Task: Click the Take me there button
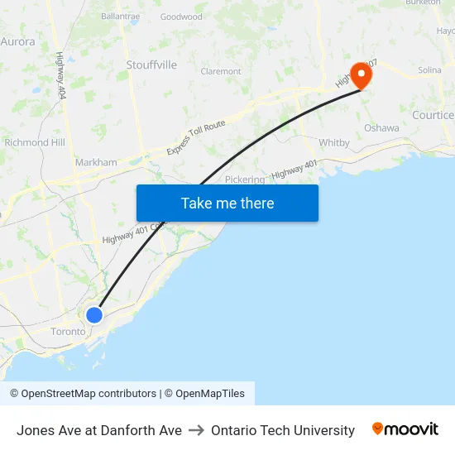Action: [227, 203]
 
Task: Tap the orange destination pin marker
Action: [362, 75]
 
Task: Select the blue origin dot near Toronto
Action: [94, 314]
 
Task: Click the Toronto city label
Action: [68, 331]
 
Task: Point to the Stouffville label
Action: [151, 65]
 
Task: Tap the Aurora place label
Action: [17, 41]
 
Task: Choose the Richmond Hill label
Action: [34, 142]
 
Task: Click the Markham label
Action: [96, 162]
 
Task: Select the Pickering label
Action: [245, 179]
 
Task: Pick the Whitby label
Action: [334, 142]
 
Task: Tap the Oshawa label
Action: [381, 127]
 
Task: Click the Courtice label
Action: [433, 115]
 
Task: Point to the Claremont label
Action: [221, 72]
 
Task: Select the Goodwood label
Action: [181, 17]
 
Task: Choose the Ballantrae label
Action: [120, 16]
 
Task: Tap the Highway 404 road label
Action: [60, 77]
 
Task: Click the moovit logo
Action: [405, 429]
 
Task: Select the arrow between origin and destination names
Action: [196, 430]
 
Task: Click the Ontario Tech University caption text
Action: [283, 430]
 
